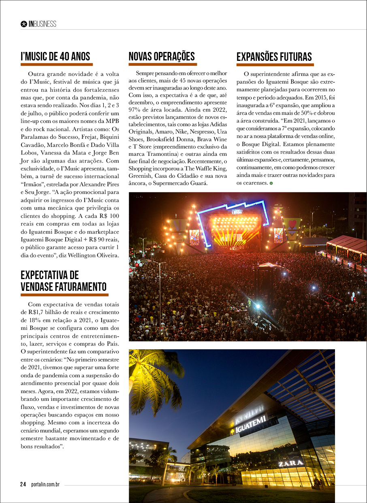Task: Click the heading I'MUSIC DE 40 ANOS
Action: point(55,56)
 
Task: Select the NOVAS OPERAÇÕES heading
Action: point(162,56)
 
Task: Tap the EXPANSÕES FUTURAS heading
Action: point(274,57)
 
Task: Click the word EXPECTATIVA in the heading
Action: point(50,275)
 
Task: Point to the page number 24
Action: point(23,484)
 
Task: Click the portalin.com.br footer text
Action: point(46,484)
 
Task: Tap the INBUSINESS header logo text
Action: point(42,24)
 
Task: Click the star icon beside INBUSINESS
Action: point(23,24)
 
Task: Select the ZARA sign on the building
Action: point(290,463)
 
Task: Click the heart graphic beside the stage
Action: point(292,224)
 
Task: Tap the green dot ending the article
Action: point(271,183)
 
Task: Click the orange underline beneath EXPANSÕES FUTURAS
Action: point(275,64)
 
